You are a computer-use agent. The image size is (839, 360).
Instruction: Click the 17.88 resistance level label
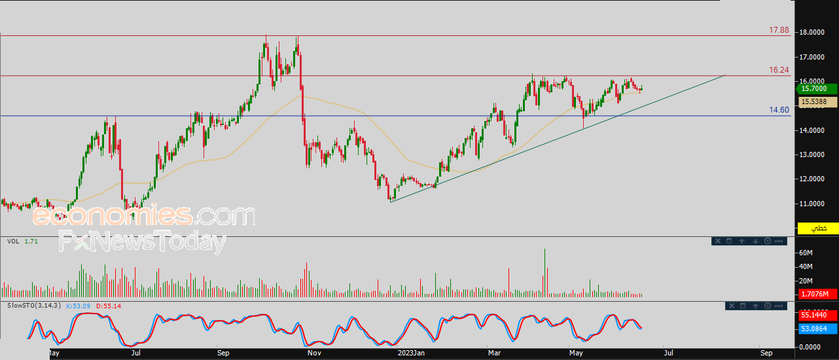[779, 30]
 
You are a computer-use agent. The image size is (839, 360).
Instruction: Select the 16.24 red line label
[779, 70]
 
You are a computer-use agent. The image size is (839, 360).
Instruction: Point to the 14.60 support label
[779, 110]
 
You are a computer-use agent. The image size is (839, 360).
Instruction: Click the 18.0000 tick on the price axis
[814, 32]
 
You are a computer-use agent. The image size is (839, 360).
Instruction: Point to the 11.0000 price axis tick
[814, 204]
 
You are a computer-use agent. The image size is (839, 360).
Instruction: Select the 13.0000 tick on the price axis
[814, 155]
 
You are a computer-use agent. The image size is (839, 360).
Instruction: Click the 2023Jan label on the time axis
[412, 353]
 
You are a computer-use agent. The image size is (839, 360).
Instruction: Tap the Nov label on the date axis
[314, 353]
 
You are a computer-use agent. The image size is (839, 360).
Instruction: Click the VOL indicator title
[13, 242]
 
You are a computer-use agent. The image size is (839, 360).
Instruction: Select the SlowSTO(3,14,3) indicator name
[33, 306]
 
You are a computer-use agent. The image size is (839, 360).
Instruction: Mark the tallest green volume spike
[544, 272]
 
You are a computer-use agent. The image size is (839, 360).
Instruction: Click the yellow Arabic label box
[817, 228]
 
